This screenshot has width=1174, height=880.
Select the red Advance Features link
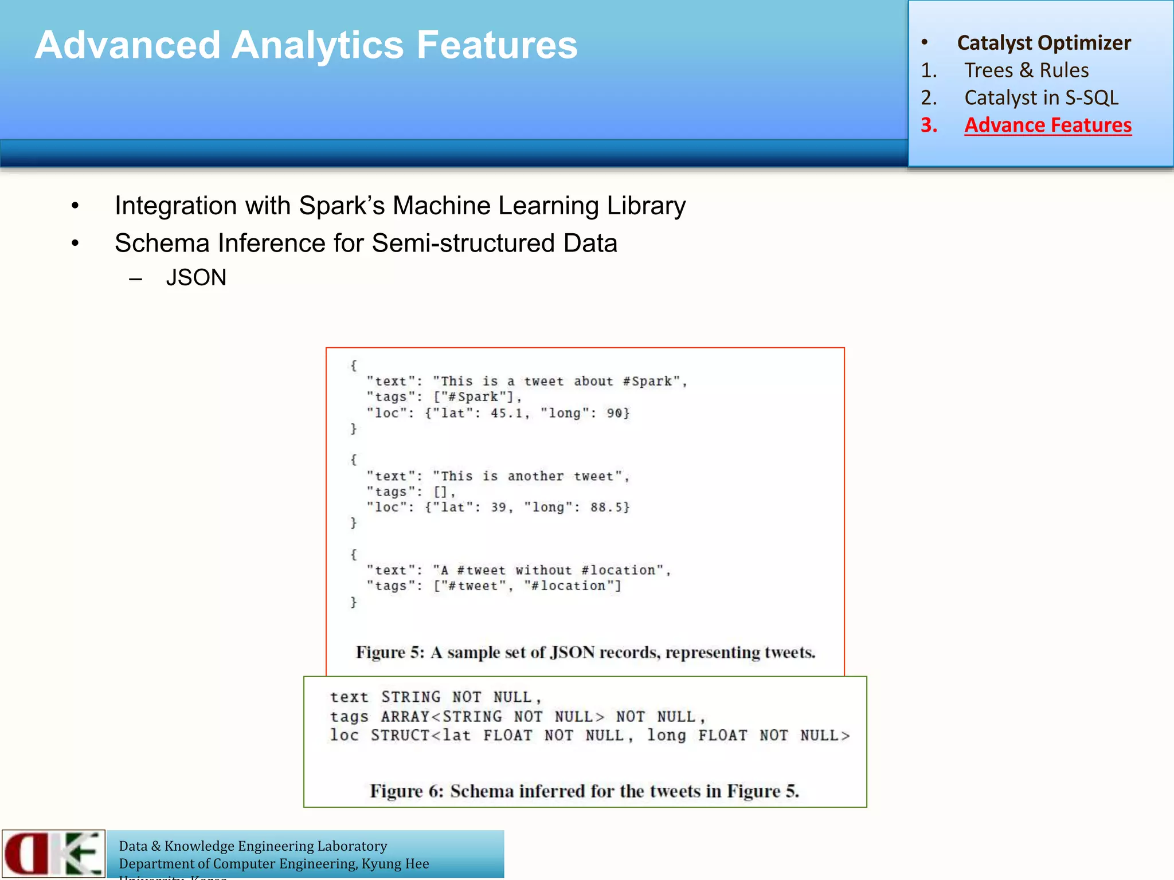tap(1047, 125)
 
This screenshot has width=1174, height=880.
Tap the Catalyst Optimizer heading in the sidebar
tap(1043, 43)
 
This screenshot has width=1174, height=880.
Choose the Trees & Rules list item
tap(1026, 70)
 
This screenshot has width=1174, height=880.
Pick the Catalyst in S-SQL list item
tap(1041, 98)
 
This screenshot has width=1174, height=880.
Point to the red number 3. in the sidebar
tap(929, 125)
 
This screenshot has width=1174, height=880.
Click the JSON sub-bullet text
tap(196, 278)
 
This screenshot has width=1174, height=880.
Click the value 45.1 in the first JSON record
tap(507, 413)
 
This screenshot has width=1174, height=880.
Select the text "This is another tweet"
tap(527, 476)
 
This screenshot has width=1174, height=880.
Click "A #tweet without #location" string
tap(549, 571)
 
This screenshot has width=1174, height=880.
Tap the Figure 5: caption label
tap(390, 653)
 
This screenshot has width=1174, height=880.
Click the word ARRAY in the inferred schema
tap(405, 717)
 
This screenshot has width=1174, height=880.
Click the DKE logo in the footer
tap(53, 854)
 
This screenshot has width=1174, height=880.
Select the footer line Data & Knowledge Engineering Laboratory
tap(253, 846)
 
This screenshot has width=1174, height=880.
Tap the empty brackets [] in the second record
tap(441, 492)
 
